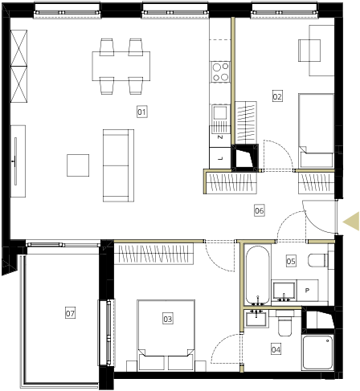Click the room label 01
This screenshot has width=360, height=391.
click(x=141, y=112)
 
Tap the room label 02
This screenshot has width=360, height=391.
click(x=277, y=96)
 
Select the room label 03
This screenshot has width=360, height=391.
click(x=168, y=319)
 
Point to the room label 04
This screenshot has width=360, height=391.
click(x=276, y=349)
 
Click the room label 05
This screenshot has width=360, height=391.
click(x=291, y=261)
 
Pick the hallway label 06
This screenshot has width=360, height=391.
click(x=260, y=210)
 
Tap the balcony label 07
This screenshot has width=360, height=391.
click(x=70, y=313)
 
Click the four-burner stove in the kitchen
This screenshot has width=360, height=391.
click(x=220, y=71)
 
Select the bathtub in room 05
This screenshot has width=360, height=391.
click(x=257, y=275)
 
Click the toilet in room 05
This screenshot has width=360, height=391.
click(x=318, y=260)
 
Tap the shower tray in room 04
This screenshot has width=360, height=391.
click(x=317, y=352)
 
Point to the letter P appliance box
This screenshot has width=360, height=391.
click(x=308, y=290)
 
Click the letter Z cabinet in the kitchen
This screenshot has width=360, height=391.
click(x=220, y=136)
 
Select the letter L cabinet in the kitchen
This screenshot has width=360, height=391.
click(x=220, y=158)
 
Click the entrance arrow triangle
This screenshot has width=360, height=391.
click(x=351, y=221)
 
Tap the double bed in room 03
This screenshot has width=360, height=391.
click(x=166, y=335)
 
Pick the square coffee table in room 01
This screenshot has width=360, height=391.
click(x=78, y=165)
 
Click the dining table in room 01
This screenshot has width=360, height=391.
click(x=121, y=66)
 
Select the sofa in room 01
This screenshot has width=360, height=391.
click(x=118, y=165)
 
